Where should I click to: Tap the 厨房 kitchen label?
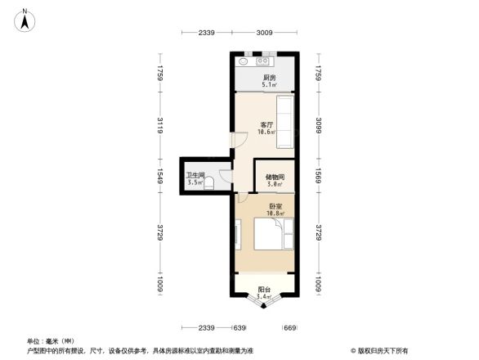tap(268, 77)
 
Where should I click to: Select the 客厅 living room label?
tap(266, 124)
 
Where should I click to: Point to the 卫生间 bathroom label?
tap(195, 175)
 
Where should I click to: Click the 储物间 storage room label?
tap(275, 177)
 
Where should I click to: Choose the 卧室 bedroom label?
tap(275, 206)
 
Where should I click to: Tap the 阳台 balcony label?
tap(264, 289)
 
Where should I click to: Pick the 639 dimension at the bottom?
tap(239, 328)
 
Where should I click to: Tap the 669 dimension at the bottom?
tap(289, 328)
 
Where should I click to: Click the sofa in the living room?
tap(286, 122)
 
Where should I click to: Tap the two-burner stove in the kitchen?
tap(265, 62)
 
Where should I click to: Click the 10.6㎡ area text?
tap(266, 133)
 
